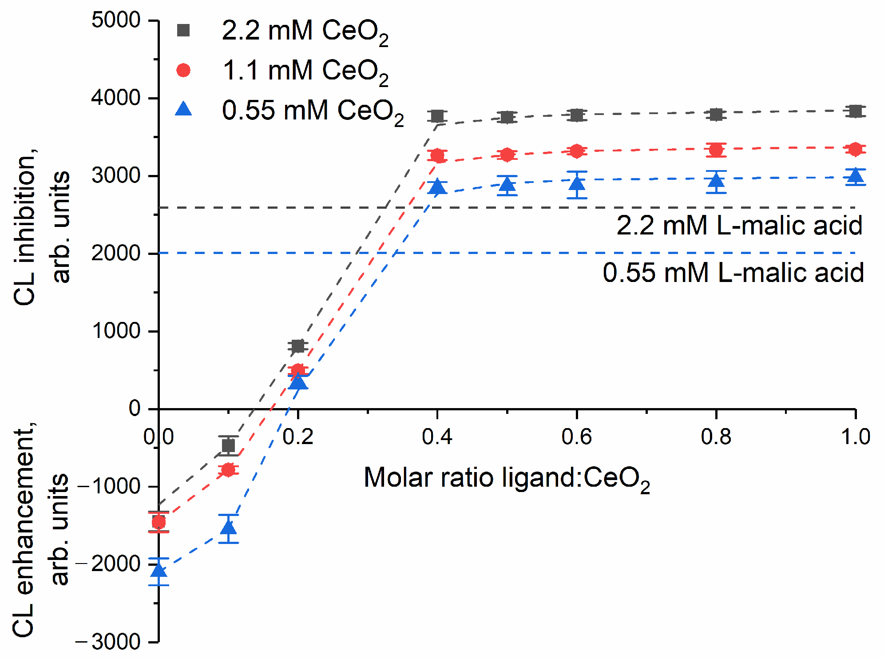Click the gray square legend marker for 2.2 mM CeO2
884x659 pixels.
tap(183, 30)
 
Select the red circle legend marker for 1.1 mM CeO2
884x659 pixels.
tap(183, 70)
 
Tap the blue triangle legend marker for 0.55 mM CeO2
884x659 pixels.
tap(183, 109)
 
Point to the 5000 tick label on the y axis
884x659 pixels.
tap(116, 20)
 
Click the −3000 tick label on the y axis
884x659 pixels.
tap(108, 642)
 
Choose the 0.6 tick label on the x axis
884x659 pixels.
tap(576, 437)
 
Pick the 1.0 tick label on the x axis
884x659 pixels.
tap(855, 437)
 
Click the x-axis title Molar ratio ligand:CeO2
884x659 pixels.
tap(507, 479)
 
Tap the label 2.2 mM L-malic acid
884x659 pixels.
tap(739, 226)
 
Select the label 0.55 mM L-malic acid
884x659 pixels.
tap(733, 273)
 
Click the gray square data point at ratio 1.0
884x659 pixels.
tap(855, 111)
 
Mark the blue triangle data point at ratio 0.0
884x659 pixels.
tap(159, 570)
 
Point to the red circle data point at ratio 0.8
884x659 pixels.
tap(716, 150)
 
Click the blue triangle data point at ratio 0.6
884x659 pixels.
tap(576, 183)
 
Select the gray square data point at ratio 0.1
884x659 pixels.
tap(229, 445)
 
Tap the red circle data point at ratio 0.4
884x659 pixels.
tap(438, 156)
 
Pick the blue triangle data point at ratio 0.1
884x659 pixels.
tap(229, 528)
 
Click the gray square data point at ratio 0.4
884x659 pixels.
tap(438, 116)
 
